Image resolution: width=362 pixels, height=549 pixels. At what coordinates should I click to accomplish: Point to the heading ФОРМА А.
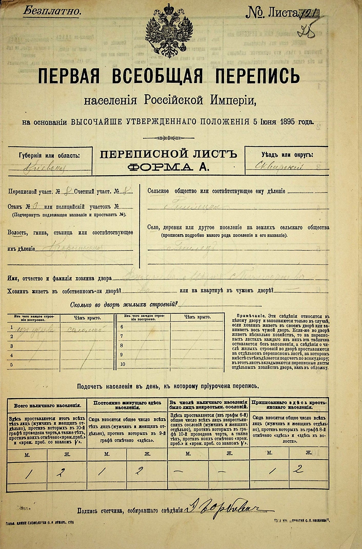[168, 167]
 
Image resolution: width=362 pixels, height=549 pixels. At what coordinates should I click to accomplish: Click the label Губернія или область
[49, 156]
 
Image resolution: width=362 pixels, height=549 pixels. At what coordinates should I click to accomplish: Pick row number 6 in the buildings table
[122, 327]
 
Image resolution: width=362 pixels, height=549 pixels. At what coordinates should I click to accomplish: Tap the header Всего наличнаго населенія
[48, 406]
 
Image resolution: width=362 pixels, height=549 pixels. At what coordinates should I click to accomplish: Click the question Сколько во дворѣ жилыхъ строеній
[124, 305]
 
